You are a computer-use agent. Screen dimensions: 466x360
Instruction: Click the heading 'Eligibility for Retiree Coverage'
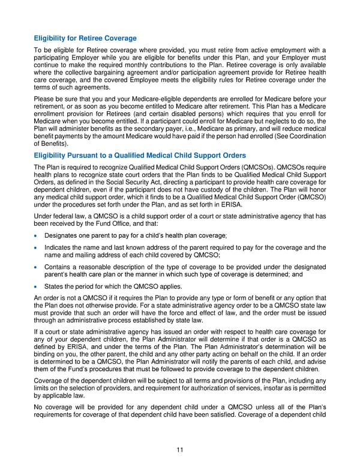coord(85,38)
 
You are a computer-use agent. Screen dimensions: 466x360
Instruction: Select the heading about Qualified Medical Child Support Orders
coord(140,155)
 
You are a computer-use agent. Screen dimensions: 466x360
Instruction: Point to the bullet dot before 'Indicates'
coord(37,247)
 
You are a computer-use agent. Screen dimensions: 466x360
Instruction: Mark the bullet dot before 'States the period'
coord(37,286)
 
